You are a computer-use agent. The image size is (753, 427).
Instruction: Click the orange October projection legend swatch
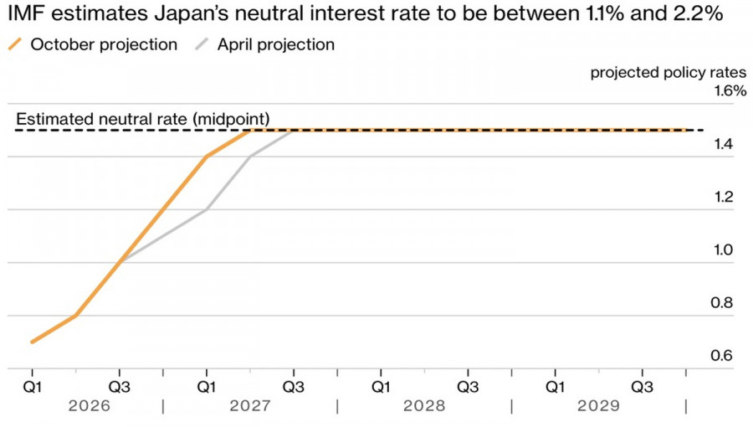point(15,44)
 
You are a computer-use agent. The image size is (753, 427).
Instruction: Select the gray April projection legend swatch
point(202,44)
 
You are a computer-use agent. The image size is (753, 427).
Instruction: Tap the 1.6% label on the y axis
point(730,90)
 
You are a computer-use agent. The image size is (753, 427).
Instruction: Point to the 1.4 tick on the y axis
point(723,144)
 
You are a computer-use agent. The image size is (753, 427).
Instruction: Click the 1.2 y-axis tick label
point(723,197)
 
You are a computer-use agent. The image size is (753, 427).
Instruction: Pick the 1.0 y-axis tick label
point(723,250)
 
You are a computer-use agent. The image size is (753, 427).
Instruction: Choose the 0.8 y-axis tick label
point(722,302)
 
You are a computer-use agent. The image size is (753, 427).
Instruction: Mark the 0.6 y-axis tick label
point(722,356)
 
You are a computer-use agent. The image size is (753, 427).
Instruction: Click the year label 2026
point(90,406)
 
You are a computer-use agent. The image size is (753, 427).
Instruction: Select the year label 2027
point(250,406)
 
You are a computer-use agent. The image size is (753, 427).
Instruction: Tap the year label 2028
point(424,406)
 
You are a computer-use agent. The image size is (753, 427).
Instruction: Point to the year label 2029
point(599,406)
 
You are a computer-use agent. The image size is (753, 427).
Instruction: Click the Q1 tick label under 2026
point(32,387)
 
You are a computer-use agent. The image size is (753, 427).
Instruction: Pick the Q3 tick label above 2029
point(642,387)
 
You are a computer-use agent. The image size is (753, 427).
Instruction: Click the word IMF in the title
point(27,13)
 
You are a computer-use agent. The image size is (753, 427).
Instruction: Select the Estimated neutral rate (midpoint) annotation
point(143,119)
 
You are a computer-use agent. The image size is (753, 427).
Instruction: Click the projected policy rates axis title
point(668,73)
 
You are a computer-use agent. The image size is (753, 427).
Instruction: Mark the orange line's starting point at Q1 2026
point(32,342)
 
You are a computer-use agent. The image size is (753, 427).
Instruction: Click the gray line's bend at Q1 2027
point(207,209)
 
